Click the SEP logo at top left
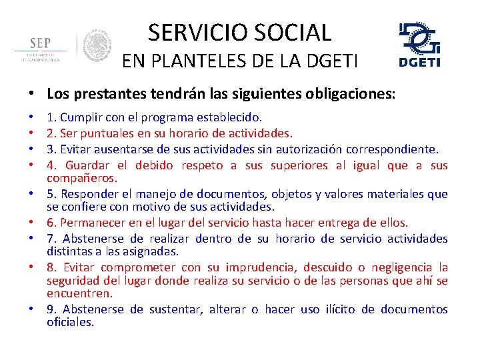(40, 48)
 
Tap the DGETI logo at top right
(419, 44)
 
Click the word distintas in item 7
(68, 251)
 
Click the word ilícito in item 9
(338, 309)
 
